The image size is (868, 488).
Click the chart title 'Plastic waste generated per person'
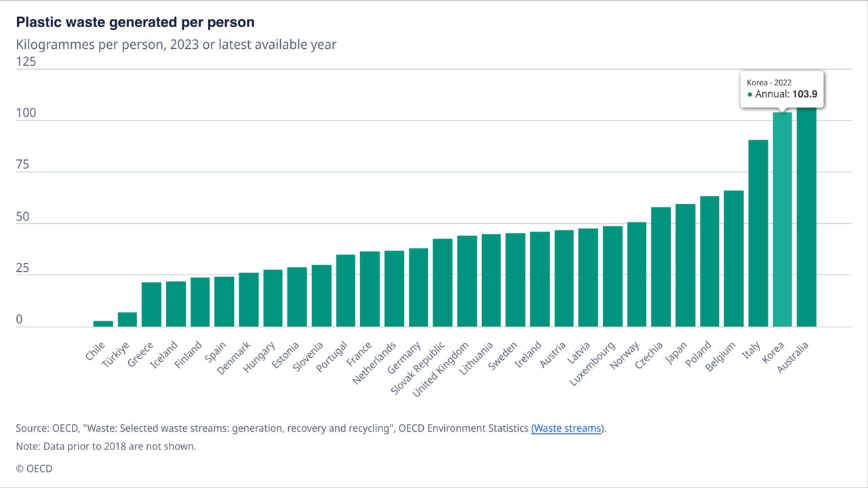(x=135, y=22)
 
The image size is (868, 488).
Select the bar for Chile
(x=103, y=323)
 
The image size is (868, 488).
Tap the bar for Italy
(x=758, y=233)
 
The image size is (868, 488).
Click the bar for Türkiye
(x=127, y=319)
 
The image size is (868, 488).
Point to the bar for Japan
(x=686, y=265)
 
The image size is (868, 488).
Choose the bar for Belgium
(x=734, y=258)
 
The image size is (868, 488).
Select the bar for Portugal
(x=346, y=290)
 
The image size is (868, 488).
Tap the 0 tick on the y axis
(x=20, y=319)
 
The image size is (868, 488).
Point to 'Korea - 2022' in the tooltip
(x=769, y=83)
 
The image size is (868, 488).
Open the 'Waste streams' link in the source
(x=567, y=428)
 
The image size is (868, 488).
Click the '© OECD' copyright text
(x=34, y=468)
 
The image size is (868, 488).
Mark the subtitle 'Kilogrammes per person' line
(x=176, y=45)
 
